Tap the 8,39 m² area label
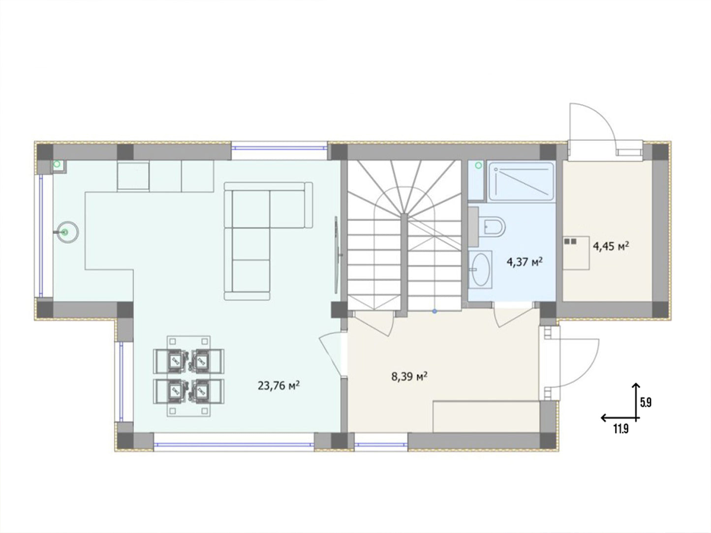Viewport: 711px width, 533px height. tap(409, 376)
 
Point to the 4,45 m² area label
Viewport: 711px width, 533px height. tap(611, 247)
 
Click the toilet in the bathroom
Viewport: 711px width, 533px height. tap(493, 228)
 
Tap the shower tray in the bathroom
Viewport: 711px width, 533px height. tap(521, 181)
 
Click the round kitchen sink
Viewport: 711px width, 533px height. tap(67, 232)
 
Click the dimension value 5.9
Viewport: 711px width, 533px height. tap(646, 403)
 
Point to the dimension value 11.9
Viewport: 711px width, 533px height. tap(620, 429)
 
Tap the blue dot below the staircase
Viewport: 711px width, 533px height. tap(434, 311)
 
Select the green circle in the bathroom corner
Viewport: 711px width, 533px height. tap(478, 165)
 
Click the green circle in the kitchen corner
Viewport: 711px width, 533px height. tap(57, 164)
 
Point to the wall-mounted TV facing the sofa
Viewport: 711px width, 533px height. tap(337, 255)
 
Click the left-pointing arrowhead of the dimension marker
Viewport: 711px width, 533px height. tap(603, 418)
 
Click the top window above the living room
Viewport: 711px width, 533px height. tap(279, 148)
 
